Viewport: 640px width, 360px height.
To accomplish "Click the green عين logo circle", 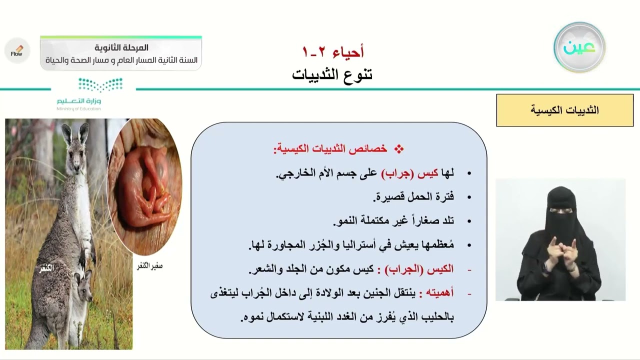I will click(x=579, y=47).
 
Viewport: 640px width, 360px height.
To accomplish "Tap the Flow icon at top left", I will click(x=17, y=50).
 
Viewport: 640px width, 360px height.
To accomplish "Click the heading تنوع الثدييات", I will click(x=332, y=75).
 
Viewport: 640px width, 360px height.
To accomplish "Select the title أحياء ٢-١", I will click(x=333, y=51).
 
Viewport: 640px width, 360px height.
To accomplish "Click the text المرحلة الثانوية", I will click(x=121, y=48).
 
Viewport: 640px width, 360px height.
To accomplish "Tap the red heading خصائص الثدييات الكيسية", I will click(x=330, y=148).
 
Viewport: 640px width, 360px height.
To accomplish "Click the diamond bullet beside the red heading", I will click(x=398, y=148).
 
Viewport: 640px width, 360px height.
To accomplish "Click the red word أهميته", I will click(x=436, y=293).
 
